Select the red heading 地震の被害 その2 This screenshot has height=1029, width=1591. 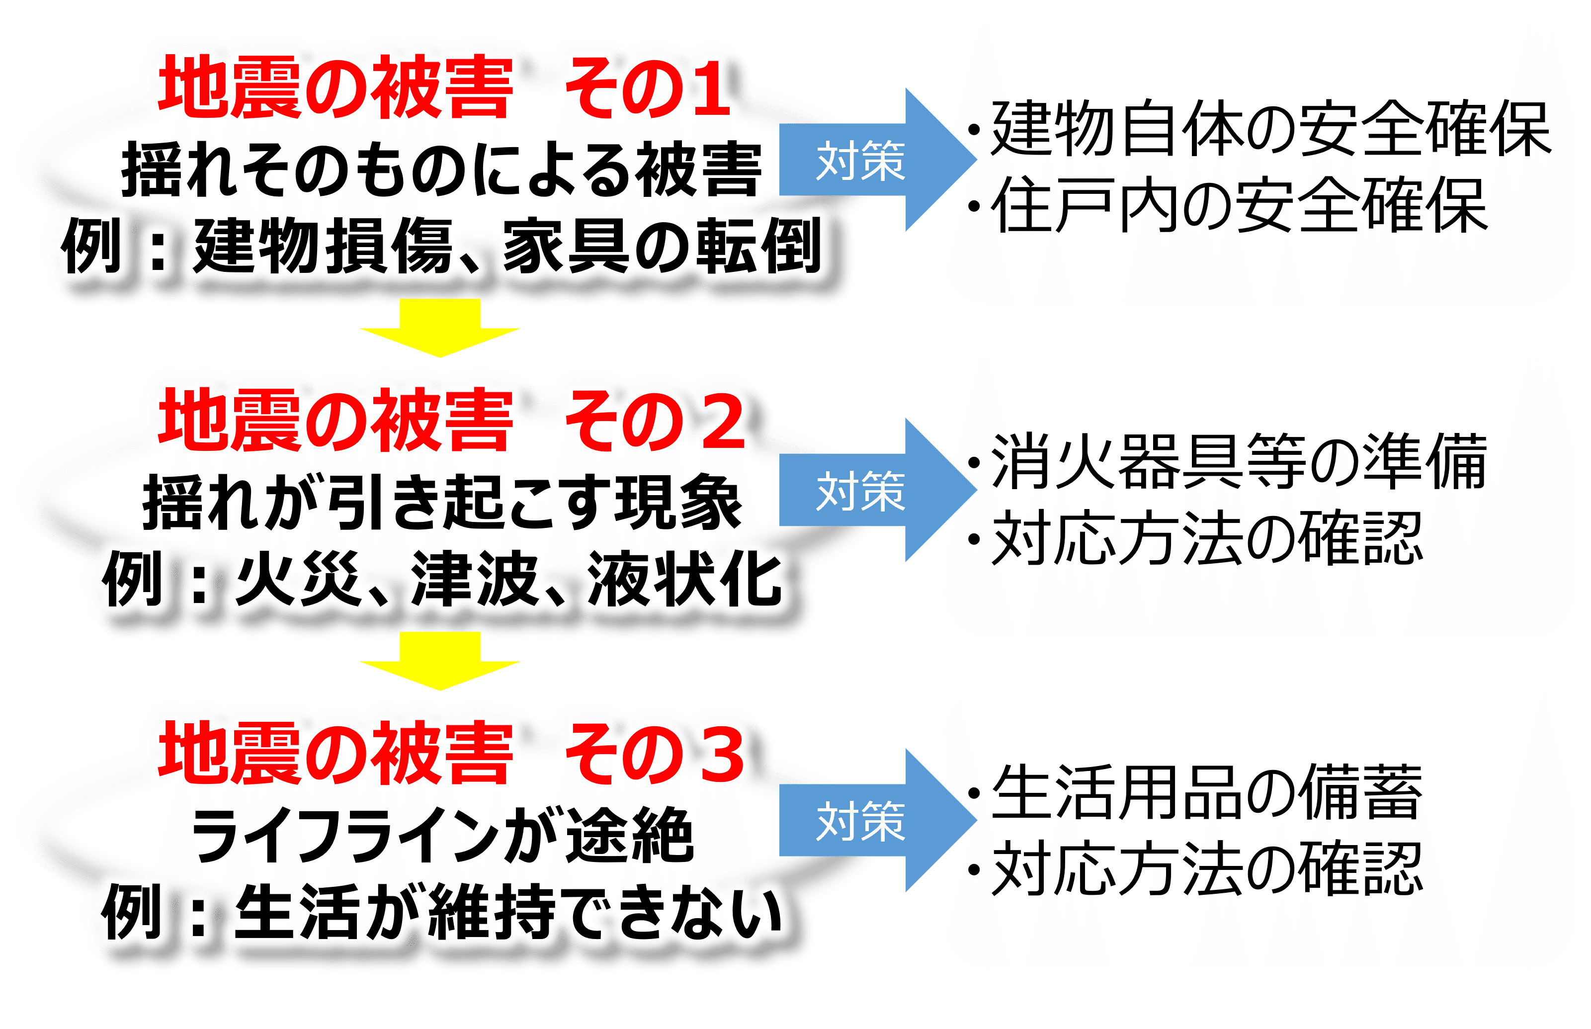pyautogui.click(x=451, y=421)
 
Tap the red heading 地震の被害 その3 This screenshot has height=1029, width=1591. pyautogui.click(x=451, y=753)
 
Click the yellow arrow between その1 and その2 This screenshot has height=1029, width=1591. pyautogui.click(x=439, y=328)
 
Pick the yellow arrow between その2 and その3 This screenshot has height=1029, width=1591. pyautogui.click(x=439, y=660)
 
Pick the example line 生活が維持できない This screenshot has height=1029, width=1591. pyautogui.click(x=507, y=912)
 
